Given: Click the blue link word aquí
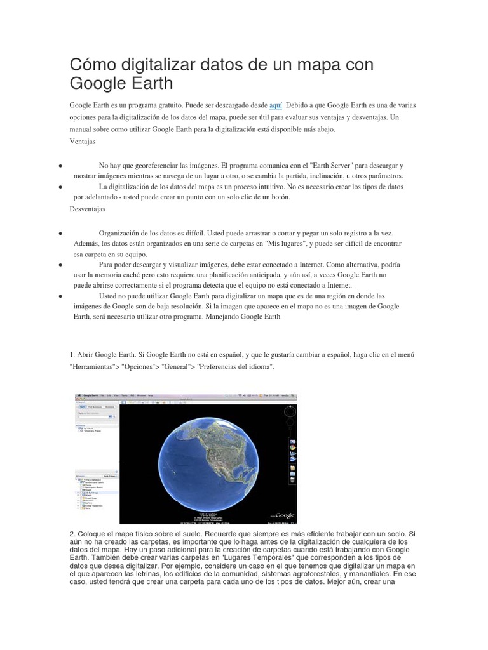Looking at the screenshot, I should [276, 105].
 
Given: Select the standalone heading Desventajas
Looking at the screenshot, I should [88, 208].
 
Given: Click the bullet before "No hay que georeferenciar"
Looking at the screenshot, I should [59, 165].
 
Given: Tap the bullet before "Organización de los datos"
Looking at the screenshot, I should [59, 234].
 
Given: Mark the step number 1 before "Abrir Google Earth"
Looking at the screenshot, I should [72, 354].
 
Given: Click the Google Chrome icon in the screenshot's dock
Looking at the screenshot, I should [292, 448].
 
